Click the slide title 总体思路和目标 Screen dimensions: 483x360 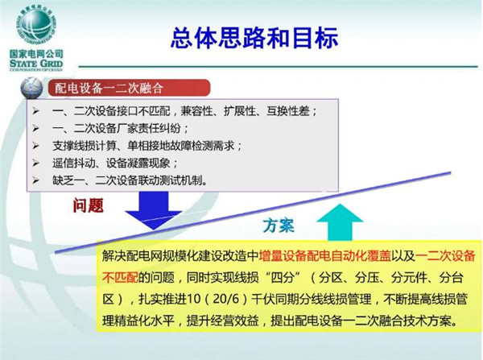(254, 38)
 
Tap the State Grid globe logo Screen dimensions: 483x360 (36, 27)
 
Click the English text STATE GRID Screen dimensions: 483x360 (36, 64)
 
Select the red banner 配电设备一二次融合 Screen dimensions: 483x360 (129, 88)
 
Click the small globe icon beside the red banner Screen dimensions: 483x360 (31, 88)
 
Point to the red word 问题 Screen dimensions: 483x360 (88, 205)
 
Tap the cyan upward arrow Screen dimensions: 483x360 (340, 222)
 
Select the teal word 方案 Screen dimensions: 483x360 (279, 226)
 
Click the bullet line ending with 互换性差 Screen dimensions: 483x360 (184, 111)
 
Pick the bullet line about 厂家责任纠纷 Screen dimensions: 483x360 (120, 128)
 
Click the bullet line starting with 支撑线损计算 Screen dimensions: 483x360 (147, 146)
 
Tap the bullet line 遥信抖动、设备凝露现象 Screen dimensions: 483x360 (114, 163)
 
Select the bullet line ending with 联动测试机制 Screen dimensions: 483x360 (130, 180)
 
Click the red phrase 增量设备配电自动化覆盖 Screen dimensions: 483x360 (324, 256)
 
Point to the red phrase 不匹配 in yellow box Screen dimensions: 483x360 (120, 277)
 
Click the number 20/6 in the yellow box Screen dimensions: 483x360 (226, 299)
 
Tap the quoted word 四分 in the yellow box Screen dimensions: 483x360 (283, 277)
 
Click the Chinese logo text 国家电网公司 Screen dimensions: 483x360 (36, 54)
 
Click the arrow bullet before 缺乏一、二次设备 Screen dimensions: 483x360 (36, 180)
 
